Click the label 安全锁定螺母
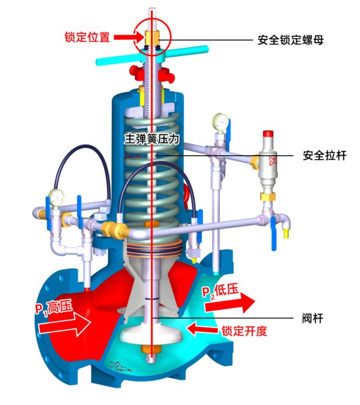click(290, 39)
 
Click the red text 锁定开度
click(245, 331)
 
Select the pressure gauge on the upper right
click(220, 122)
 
